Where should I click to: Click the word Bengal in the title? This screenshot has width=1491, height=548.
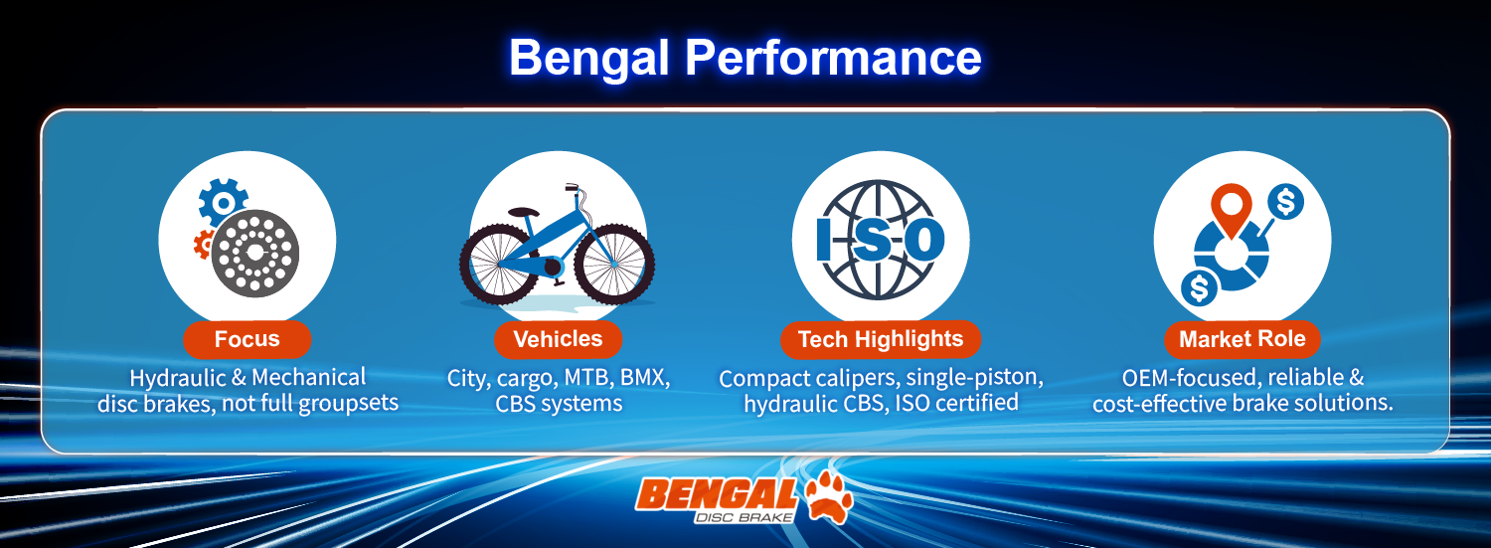588,60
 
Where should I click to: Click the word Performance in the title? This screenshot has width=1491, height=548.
833,58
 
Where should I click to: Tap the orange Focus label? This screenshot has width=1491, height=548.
247,339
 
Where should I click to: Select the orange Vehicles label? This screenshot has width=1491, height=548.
558,339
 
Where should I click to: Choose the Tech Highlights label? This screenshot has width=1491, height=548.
881,339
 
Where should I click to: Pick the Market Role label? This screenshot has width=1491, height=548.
1242,339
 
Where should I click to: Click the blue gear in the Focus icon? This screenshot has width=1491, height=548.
223,202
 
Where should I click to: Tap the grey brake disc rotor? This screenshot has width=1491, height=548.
254,253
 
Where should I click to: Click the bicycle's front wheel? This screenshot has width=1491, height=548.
613,265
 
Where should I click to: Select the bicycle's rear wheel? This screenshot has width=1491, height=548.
500,265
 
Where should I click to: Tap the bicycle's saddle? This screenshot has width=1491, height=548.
523,212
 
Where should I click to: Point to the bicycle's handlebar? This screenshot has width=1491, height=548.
574,187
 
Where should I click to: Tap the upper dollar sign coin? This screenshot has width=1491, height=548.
1285,202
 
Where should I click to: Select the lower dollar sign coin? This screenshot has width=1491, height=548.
1200,288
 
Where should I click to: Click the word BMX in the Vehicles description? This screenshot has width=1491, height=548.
644,378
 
